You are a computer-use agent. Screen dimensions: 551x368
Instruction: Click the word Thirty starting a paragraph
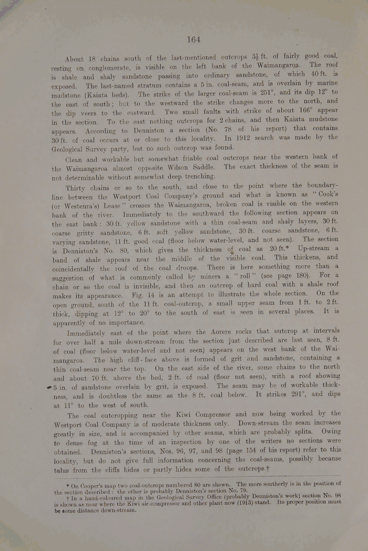coord(78,186)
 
